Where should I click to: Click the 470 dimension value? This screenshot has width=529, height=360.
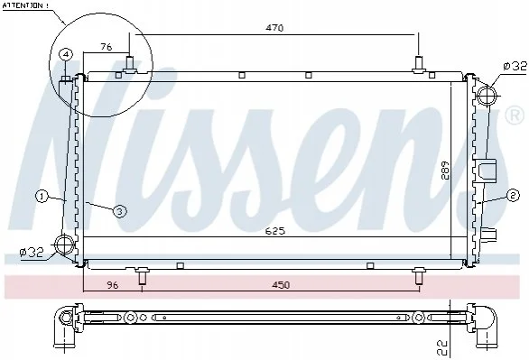pos(274,28)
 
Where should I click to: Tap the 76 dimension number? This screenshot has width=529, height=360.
pos(107,47)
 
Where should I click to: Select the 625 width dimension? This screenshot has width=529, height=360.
pos(275,231)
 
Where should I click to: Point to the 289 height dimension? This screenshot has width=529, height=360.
pos(445,171)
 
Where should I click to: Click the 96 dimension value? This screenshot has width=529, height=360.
pos(113,285)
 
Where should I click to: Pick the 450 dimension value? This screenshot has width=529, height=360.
pos(281,285)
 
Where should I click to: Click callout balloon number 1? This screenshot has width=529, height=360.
pos(42,197)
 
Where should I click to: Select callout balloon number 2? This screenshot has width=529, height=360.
pos(513,195)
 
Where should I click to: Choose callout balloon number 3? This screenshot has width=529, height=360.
pos(119,211)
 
